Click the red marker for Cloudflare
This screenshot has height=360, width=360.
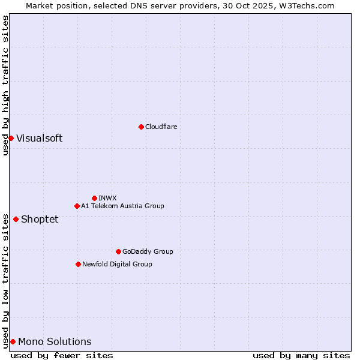141,127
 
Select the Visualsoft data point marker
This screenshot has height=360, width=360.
11,139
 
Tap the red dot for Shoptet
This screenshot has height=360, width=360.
16,219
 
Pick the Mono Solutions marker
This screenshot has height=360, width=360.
13,341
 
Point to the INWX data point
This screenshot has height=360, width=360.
94,198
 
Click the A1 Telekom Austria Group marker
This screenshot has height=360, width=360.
77,206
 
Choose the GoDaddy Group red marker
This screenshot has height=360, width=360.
118,251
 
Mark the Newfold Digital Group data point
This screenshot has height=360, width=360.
78,264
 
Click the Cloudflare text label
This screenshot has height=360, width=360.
161,127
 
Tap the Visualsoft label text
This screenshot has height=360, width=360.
39,139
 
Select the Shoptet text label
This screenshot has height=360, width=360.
40,219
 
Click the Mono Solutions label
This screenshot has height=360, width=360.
55,342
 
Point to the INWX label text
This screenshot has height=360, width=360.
107,198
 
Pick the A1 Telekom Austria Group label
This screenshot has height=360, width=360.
122,206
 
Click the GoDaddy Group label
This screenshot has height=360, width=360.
148,251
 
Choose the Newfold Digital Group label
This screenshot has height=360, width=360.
117,264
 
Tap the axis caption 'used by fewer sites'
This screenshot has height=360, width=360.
62,355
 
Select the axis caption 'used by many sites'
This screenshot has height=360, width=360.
301,355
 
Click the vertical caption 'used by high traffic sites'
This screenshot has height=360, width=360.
5,85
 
